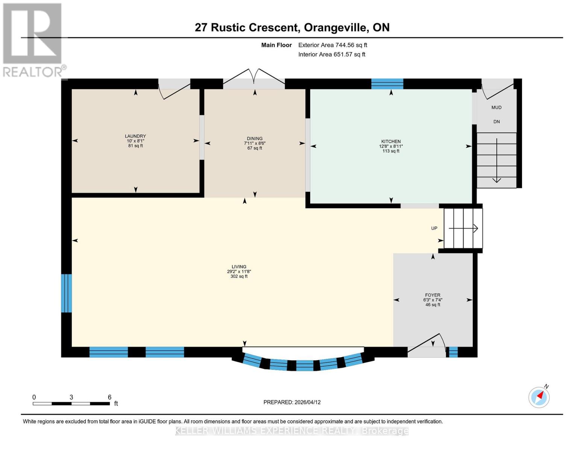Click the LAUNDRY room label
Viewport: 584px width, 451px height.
coord(135,136)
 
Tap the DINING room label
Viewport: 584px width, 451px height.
coord(255,139)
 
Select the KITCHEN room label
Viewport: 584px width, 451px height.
coord(391,142)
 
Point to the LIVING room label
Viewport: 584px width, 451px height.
coord(239,267)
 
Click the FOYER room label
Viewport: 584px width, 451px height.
coord(432,295)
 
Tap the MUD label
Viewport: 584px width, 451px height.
coord(496,107)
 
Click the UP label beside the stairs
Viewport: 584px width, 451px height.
coord(434,229)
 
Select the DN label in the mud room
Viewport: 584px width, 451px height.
coord(496,122)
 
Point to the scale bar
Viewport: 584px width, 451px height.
coord(71,403)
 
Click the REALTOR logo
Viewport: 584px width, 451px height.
coord(33,40)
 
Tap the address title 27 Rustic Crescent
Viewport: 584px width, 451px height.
coord(292,27)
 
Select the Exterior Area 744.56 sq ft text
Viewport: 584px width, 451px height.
coord(332,45)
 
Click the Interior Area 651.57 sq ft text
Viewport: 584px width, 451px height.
coord(332,54)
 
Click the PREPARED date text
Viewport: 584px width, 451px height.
coord(292,402)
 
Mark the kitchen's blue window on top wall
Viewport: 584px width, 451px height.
coord(387,83)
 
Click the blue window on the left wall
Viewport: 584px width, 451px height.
coord(67,293)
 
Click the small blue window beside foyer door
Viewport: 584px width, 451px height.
coord(453,352)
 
